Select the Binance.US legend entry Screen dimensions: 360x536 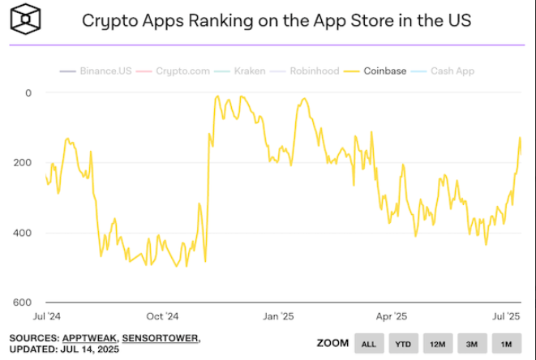[96, 71]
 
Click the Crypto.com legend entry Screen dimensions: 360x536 [178, 71]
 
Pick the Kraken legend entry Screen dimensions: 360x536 [244, 71]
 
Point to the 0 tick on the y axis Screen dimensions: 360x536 [28, 92]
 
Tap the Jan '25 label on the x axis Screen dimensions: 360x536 [278, 316]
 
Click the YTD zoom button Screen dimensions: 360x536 [403, 344]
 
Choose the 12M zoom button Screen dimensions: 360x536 [438, 344]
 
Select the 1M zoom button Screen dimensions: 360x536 [506, 344]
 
